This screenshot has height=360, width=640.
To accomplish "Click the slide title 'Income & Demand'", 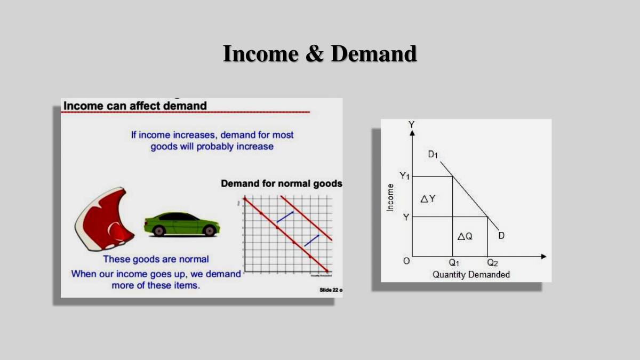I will [319, 54].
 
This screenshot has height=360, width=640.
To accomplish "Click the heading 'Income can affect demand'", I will [135, 106].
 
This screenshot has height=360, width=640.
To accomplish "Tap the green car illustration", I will [181, 224].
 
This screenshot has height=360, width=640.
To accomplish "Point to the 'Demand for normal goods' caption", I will [282, 184].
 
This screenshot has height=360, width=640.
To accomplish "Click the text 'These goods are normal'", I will [156, 259].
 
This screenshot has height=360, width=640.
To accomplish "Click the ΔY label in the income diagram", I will [428, 198].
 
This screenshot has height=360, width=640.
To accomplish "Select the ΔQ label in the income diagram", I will [465, 236].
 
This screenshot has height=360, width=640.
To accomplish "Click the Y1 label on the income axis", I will [405, 176].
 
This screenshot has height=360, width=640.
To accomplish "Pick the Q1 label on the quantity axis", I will [454, 263].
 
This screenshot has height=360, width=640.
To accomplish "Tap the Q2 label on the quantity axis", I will [492, 263].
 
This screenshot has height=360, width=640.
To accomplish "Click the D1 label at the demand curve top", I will [433, 155].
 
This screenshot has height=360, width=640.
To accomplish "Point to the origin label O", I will [406, 261].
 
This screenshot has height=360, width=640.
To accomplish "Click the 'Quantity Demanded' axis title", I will [471, 275].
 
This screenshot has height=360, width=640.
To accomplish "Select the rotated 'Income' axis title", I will [390, 197].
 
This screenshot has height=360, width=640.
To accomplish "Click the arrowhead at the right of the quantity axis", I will [543, 257].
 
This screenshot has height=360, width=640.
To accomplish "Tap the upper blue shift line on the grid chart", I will [285, 217].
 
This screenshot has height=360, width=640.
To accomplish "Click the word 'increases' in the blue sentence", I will [195, 135].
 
